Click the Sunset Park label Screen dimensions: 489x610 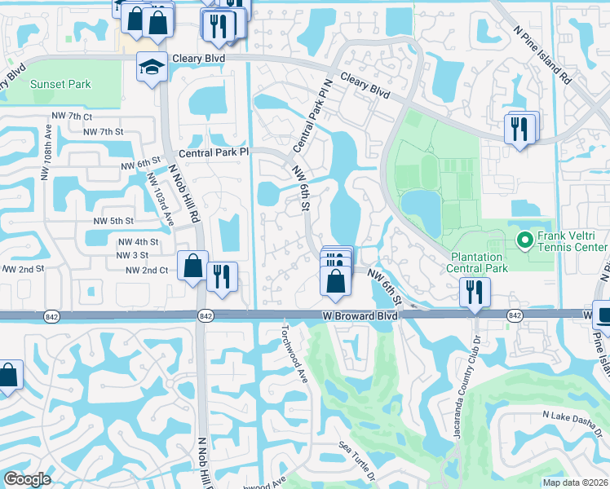coord(60,84)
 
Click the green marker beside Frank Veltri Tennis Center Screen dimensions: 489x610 coord(524,240)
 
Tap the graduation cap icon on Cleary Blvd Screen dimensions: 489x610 coord(152,67)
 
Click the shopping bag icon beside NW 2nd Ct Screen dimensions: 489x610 coord(192,267)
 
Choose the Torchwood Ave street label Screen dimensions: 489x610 coord(293,346)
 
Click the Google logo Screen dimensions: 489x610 coord(27,479)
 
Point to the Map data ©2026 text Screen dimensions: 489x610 coord(574,482)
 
